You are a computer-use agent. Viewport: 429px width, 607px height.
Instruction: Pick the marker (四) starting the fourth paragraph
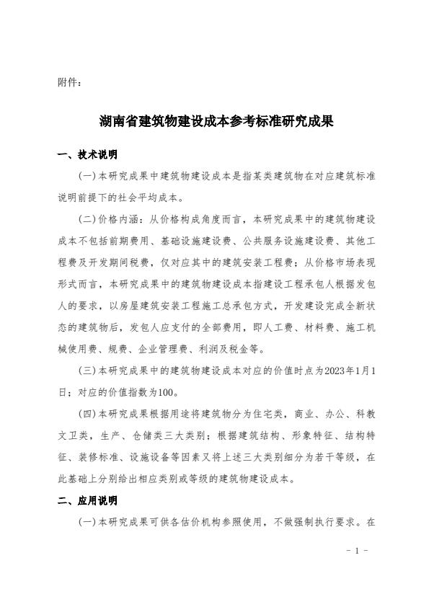pyautogui.click(x=87, y=416)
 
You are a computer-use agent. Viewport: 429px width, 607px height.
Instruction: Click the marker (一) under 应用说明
pyautogui.click(x=87, y=520)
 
